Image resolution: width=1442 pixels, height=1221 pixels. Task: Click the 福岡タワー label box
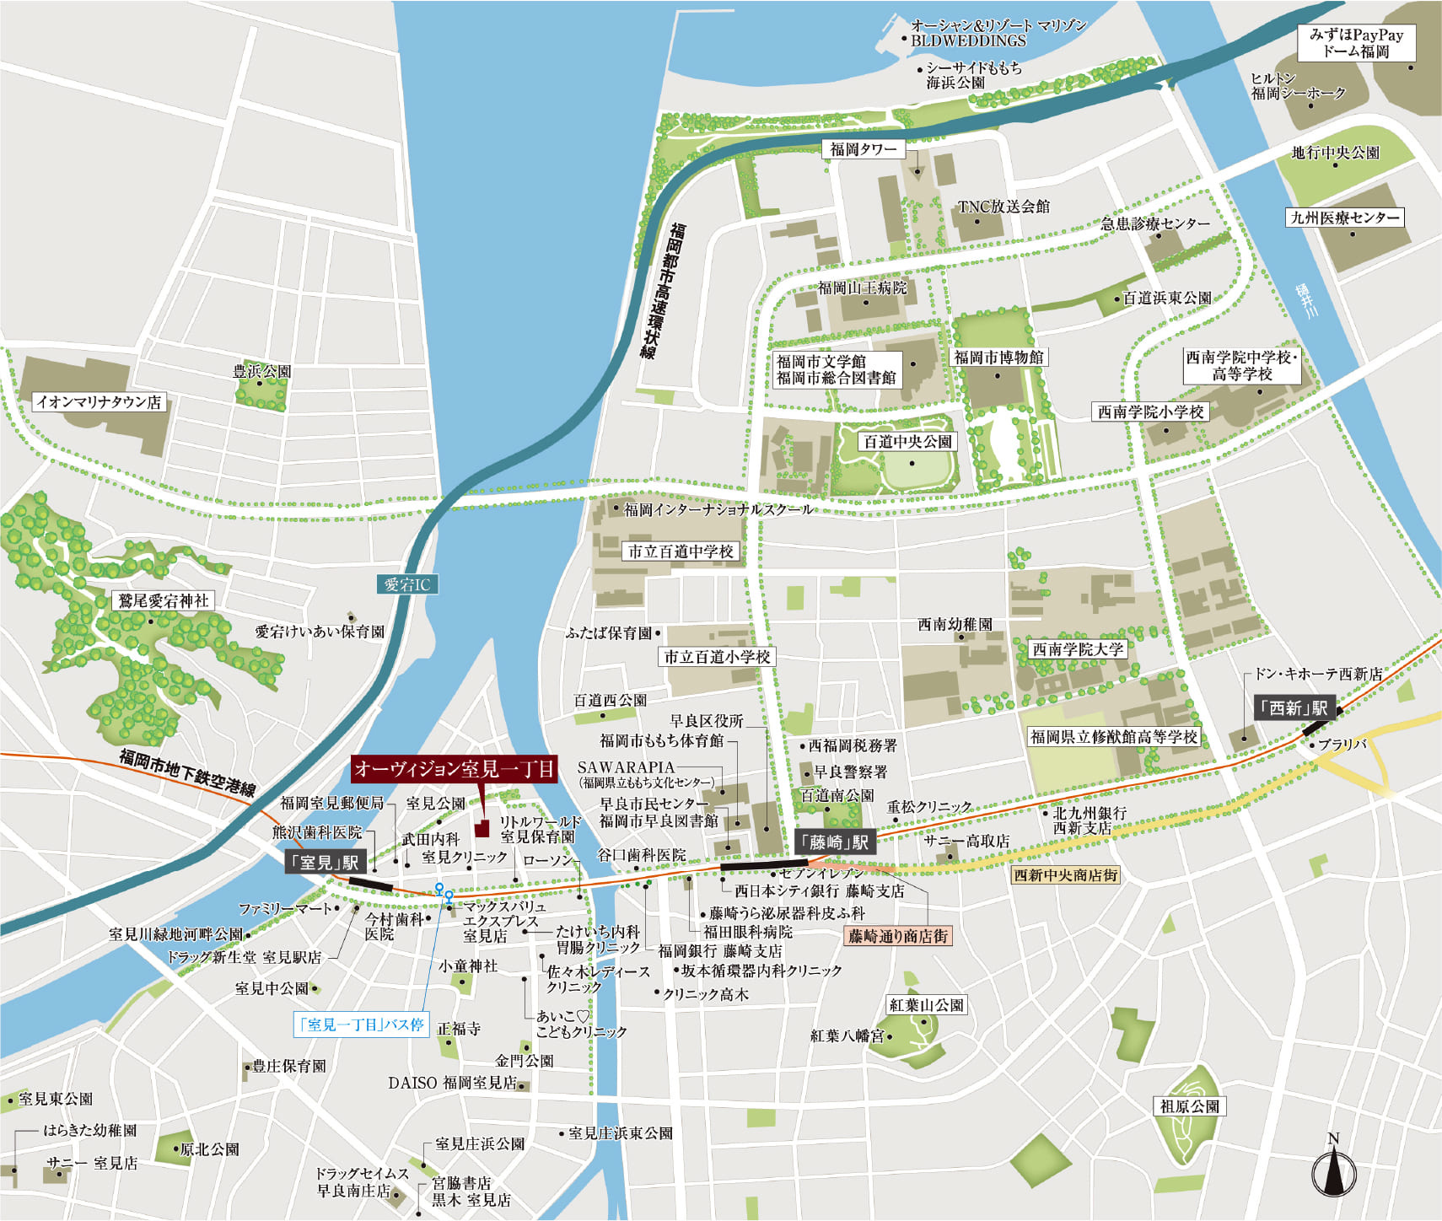coord(863,149)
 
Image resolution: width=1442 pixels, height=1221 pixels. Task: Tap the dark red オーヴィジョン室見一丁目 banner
coord(454,768)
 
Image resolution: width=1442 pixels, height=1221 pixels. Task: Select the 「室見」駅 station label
coord(325,862)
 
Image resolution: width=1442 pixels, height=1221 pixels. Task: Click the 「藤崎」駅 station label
coord(835,842)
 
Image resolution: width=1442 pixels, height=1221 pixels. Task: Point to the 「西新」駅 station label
coord(1292,708)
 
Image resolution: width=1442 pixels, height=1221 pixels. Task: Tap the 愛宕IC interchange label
coord(407,584)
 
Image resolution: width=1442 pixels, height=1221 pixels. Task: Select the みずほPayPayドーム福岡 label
coord(1356,43)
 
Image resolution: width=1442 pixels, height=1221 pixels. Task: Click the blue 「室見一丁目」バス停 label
coord(361,1025)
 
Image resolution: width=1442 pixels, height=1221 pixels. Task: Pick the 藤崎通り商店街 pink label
coord(897,936)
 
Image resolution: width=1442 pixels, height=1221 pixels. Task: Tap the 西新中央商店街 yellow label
coord(1065,875)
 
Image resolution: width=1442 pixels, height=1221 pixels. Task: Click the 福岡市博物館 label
coord(998,358)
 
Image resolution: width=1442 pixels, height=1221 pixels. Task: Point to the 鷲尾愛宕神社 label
coord(163,600)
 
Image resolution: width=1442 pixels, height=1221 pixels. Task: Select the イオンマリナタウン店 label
coord(99,402)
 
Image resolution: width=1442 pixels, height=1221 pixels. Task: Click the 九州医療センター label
coord(1345,218)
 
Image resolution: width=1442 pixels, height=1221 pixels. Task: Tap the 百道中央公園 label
coord(907,441)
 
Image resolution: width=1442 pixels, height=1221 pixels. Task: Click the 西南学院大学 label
coord(1078,649)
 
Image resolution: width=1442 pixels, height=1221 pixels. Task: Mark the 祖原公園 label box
coord(1189,1105)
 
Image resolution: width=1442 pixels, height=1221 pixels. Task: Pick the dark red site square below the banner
coord(482,828)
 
